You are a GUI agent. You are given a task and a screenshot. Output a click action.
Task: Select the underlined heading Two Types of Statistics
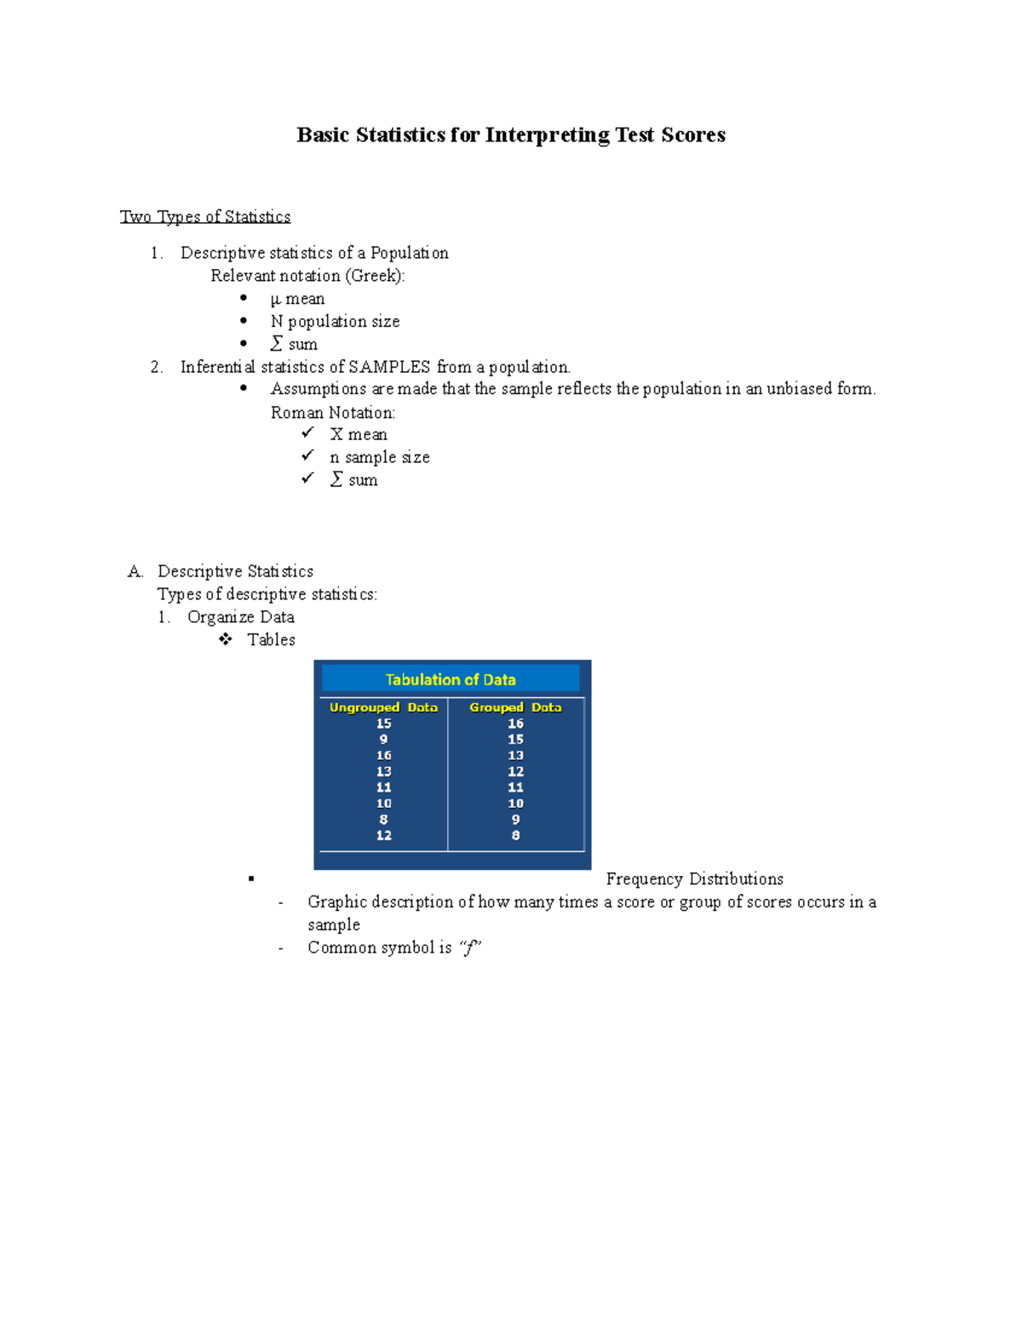coord(205,217)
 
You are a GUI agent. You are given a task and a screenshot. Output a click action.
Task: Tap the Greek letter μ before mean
coord(275,300)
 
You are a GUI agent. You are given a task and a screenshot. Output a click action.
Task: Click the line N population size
coord(335,322)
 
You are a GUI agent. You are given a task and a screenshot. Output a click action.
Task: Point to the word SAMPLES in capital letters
coord(389,367)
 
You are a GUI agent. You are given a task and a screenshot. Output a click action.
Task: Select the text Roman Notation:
coord(333,413)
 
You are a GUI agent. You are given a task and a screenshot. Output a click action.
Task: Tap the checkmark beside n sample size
coord(307,456)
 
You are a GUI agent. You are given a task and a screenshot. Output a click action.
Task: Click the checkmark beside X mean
coord(307,433)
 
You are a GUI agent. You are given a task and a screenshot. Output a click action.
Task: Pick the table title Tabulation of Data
coord(451,679)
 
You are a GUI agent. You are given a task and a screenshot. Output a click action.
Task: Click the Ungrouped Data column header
coord(383,707)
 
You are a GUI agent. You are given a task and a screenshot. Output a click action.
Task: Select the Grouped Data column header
coord(515,707)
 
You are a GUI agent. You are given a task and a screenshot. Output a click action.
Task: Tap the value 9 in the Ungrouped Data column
coord(383,740)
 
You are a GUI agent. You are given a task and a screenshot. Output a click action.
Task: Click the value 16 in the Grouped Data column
coord(515,724)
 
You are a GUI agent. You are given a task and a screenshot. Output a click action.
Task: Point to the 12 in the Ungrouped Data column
coord(383,836)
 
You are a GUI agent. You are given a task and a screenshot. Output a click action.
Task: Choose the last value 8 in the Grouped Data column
coord(515,836)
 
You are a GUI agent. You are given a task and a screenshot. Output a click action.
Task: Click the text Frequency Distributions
coord(694,879)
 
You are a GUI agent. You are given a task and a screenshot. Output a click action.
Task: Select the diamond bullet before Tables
coord(226,639)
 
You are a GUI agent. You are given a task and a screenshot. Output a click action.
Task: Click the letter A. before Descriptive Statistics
coord(135,572)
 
